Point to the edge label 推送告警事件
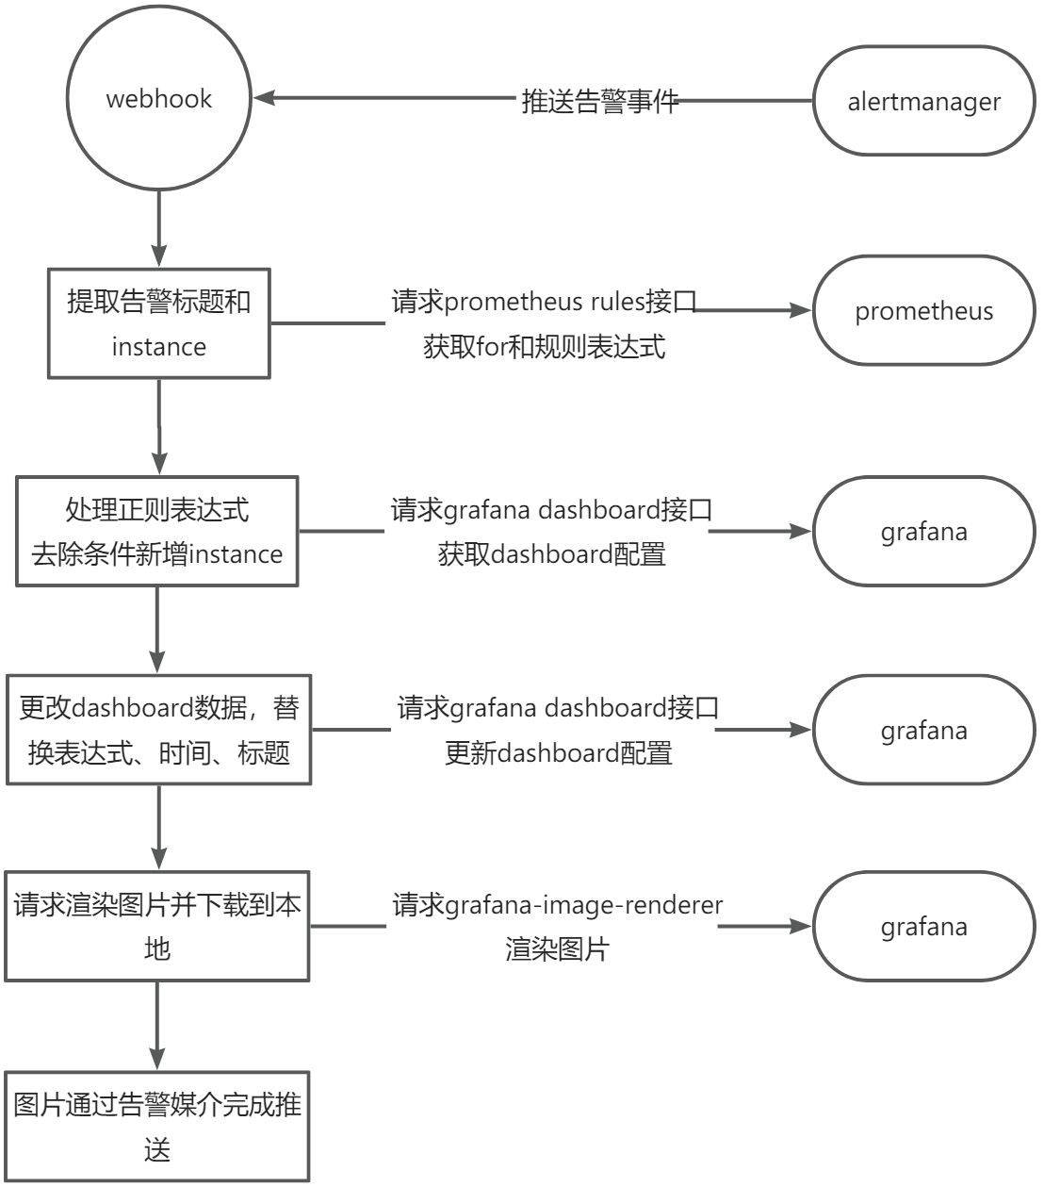[x=599, y=102]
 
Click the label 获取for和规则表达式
[x=544, y=346]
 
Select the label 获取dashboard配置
[x=551, y=553]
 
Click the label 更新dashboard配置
[x=559, y=753]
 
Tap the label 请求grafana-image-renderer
[x=558, y=905]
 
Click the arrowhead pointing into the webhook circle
[x=264, y=98]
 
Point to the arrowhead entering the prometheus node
[x=800, y=310]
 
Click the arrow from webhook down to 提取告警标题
[x=158, y=228]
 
